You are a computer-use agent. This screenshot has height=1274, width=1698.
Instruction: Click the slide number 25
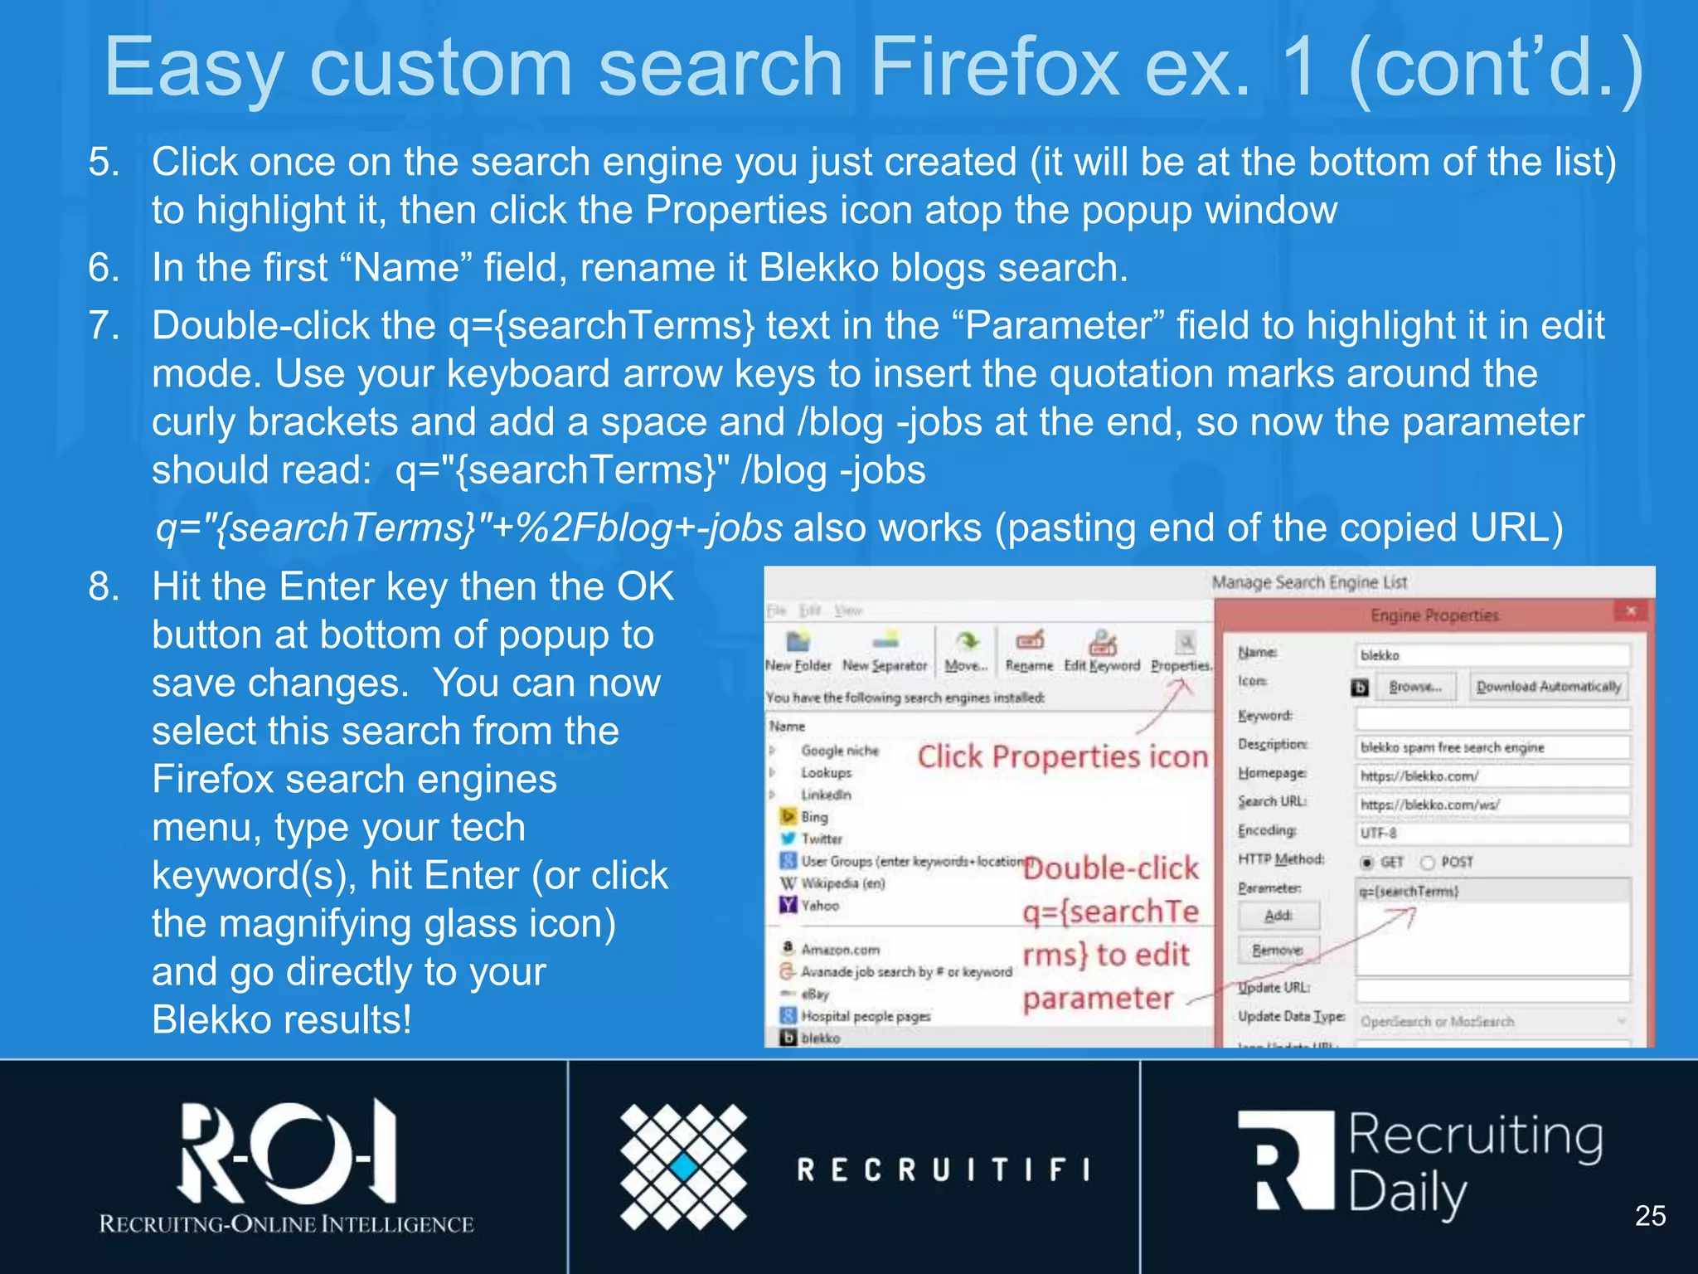tap(1650, 1216)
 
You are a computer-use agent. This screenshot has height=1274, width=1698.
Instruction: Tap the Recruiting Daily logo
tap(1419, 1165)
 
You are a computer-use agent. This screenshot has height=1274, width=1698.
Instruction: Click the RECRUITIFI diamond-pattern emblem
tap(683, 1166)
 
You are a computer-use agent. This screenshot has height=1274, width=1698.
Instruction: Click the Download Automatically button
tap(1548, 687)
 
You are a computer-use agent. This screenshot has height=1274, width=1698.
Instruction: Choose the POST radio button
tap(1428, 863)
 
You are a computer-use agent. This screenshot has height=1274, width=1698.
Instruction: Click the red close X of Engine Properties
tap(1630, 612)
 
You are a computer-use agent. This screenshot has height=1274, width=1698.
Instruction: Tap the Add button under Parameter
tap(1278, 916)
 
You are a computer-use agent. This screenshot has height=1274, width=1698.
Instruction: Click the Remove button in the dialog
tap(1278, 950)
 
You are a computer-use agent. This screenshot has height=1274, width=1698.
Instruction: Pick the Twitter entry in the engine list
tap(821, 839)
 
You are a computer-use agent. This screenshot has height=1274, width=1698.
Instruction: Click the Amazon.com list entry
tap(839, 950)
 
